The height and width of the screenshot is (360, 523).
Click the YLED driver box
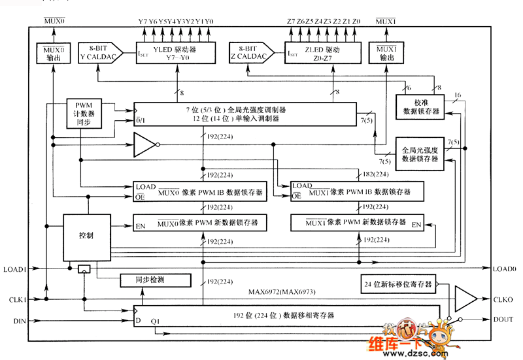point(175,52)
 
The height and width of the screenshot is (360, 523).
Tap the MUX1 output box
point(386,52)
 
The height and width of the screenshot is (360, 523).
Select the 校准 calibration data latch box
point(418,107)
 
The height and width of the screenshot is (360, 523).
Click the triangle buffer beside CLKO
point(465,299)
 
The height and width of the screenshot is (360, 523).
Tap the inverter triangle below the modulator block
point(145,145)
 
